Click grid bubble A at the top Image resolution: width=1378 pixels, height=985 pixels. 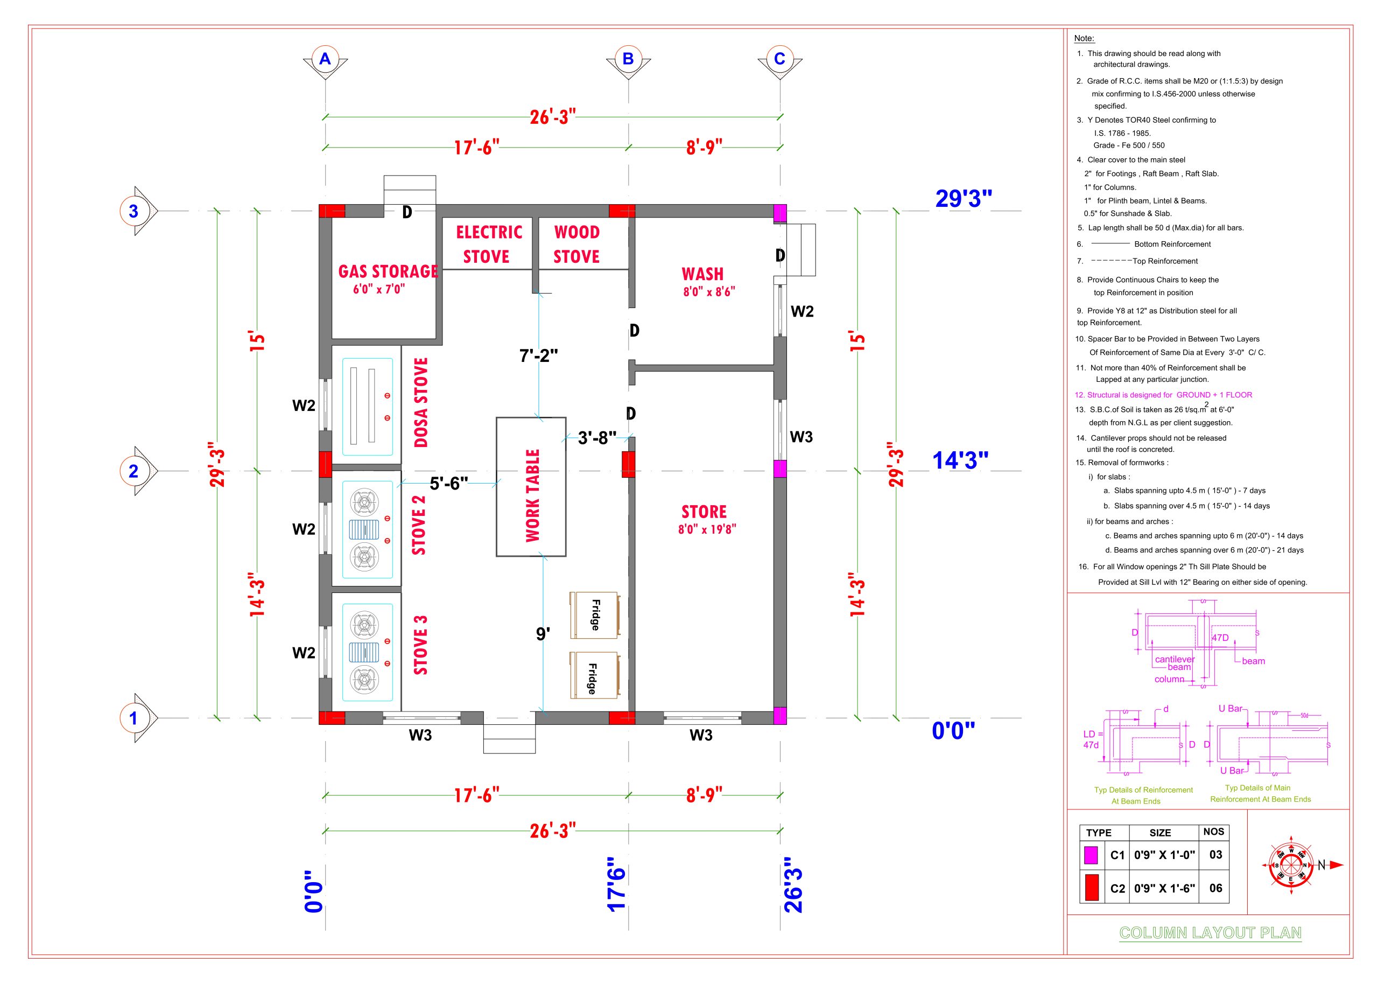pos(325,59)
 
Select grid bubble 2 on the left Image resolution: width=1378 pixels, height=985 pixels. pos(133,471)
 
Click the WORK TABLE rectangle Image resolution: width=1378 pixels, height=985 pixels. pos(531,486)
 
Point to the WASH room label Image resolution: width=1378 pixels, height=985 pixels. pos(702,274)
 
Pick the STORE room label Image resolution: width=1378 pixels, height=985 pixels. pos(704,512)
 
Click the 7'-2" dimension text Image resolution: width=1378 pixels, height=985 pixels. pos(538,355)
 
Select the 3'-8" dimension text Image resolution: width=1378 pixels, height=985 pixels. pos(597,437)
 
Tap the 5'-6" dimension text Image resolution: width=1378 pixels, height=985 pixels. pos(448,484)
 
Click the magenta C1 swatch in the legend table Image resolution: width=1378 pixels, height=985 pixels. pos(1091,855)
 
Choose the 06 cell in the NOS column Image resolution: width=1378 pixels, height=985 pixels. pos(1215,888)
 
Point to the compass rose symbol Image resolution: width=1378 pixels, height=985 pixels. pos(1291,865)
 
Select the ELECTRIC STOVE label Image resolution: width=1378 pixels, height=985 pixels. pos(489,244)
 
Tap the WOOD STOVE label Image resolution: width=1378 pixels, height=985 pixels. pos(576,244)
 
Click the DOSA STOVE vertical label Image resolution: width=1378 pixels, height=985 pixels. pos(421,402)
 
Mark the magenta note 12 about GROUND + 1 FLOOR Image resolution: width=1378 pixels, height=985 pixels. pos(1163,395)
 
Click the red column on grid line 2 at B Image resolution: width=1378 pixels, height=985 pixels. pos(628,464)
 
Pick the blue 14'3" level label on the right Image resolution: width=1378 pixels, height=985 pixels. pos(960,461)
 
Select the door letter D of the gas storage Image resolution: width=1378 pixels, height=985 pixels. pos(407,212)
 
